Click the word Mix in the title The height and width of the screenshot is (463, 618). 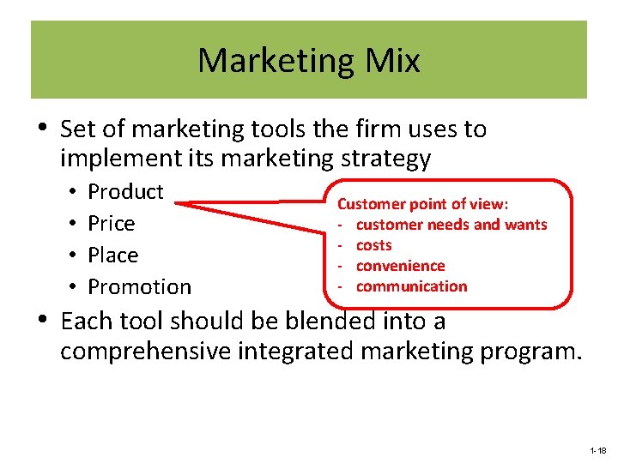click(x=390, y=61)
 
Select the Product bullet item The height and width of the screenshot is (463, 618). click(x=125, y=191)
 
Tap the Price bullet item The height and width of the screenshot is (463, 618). click(x=112, y=223)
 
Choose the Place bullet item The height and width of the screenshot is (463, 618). click(x=113, y=255)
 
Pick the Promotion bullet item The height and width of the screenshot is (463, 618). click(x=140, y=286)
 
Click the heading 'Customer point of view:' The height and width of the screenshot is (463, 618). click(x=422, y=204)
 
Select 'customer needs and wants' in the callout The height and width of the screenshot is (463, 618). click(x=451, y=225)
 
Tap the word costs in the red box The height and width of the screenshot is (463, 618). click(x=373, y=245)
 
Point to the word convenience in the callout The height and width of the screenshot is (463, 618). click(x=400, y=266)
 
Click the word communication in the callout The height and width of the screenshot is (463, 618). click(x=411, y=286)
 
